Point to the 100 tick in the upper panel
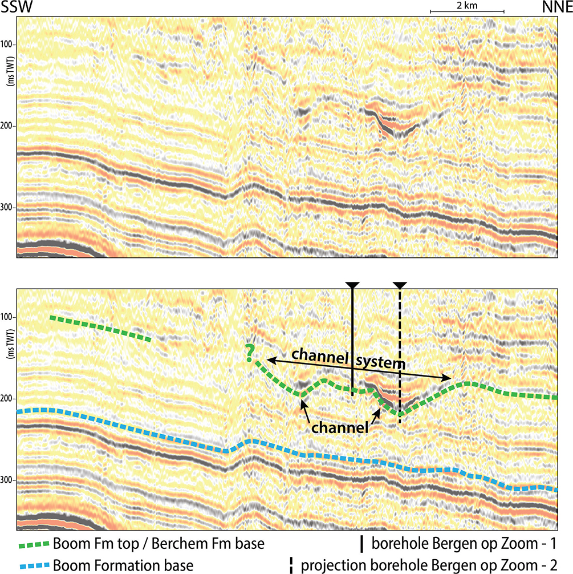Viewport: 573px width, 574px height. (x=9, y=45)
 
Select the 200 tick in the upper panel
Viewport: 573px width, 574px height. (x=9, y=126)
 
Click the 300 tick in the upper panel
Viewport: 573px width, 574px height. (x=9, y=207)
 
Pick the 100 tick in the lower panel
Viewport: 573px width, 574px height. (x=9, y=317)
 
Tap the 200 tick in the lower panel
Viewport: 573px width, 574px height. (x=9, y=398)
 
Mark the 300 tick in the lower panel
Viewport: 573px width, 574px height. (x=9, y=479)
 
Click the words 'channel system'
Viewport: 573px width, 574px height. (x=349, y=358)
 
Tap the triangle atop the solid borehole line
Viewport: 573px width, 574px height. (x=353, y=285)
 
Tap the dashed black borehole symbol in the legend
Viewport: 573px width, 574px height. (x=292, y=564)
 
